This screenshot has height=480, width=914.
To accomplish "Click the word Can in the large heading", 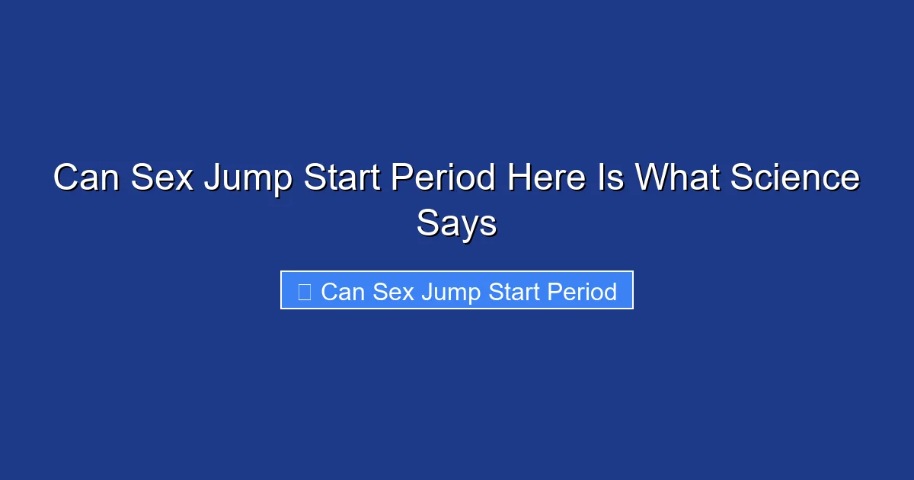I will (86, 178).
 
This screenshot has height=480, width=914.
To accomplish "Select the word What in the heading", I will (679, 178).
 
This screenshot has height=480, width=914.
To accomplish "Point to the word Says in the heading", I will (456, 223).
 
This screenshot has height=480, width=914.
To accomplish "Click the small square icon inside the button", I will (304, 291).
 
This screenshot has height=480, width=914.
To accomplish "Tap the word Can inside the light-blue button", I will (343, 291).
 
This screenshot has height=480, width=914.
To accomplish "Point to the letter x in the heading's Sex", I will (184, 181).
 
